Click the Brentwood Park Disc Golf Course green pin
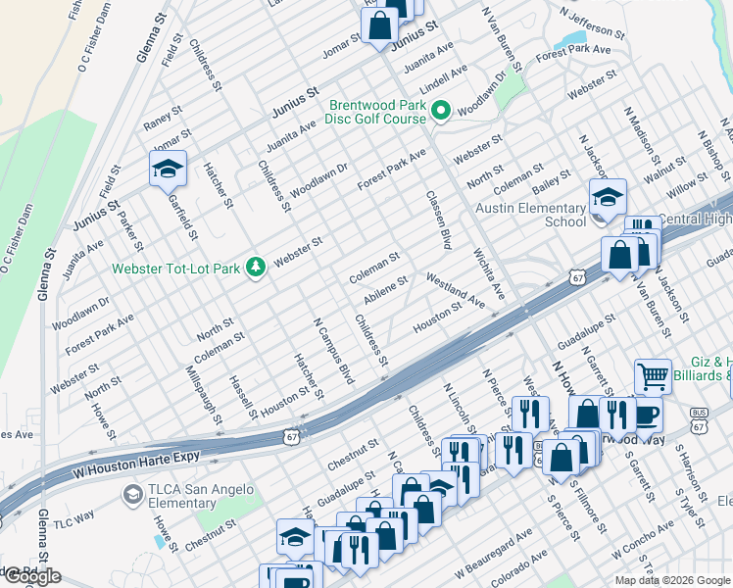click(441, 113)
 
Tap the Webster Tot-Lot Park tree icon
click(256, 268)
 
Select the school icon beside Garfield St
click(168, 170)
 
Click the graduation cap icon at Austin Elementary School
click(608, 196)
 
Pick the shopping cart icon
click(653, 375)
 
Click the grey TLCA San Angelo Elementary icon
click(131, 497)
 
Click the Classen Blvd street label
click(439, 219)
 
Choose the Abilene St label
click(385, 290)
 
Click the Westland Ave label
click(455, 289)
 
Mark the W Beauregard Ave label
click(493, 553)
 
